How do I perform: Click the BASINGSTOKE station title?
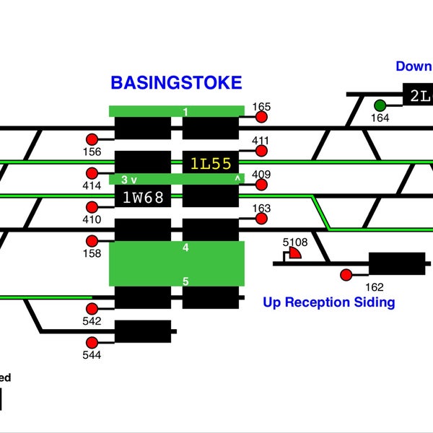tap(176, 83)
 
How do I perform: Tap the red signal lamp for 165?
tap(261, 117)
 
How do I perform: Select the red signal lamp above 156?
tap(92, 139)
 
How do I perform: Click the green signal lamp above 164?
tap(380, 105)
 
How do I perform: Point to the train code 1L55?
tap(210, 163)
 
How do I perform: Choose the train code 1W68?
tap(143, 196)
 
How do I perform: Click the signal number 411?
tap(261, 140)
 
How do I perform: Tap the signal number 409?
tap(261, 174)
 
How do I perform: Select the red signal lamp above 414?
tap(92, 173)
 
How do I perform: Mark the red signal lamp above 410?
tap(92, 207)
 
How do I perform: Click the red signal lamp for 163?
tap(261, 219)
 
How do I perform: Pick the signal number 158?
tap(92, 253)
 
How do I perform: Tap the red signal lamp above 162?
tap(346, 274)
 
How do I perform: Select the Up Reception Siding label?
tap(329, 302)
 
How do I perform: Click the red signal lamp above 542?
tap(92, 309)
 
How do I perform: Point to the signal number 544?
tap(92, 355)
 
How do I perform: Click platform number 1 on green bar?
tap(185, 112)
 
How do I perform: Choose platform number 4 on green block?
tap(185, 248)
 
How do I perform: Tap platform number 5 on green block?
tap(185, 281)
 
